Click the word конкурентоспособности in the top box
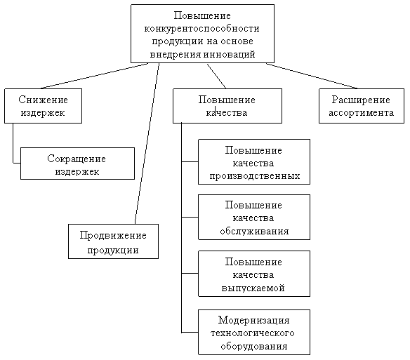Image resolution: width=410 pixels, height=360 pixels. tap(202, 29)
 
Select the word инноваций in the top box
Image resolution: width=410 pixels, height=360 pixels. tap(229, 54)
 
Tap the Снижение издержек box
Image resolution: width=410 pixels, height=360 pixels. tap(43, 106)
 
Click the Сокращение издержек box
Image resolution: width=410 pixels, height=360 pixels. tap(77, 164)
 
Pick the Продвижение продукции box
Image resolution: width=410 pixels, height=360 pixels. tap(113, 241)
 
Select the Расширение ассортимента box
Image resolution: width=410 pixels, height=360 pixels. tap(362, 106)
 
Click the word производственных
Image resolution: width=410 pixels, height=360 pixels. tap(255, 176)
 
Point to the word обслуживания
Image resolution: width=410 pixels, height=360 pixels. tap(254, 231)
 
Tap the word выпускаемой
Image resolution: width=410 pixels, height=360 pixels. tap(253, 288)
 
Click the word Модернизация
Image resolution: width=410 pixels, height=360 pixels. tap(254, 320)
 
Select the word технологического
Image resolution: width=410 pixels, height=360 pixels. tap(253, 333)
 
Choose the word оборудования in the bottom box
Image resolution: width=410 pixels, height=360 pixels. tap(254, 347)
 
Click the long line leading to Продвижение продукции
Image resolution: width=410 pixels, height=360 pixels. tap(147, 144)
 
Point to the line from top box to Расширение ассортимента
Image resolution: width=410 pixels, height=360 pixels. tap(312, 76)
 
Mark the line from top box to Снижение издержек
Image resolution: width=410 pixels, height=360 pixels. tap(94, 76)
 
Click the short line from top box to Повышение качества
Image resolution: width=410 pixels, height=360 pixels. tap(216, 76)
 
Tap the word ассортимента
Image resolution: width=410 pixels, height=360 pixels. tap(362, 113)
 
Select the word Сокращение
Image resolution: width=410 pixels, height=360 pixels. tap(77, 159)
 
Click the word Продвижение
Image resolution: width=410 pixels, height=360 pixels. tap(113, 235)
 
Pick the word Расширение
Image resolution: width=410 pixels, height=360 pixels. tap(361, 100)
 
